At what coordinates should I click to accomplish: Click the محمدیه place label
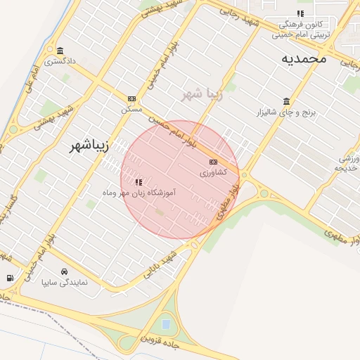pos(304,58)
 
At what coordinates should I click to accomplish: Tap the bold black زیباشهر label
pos(93,146)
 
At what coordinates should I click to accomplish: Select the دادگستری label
pos(60,62)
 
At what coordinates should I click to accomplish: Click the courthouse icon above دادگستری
pos(60,51)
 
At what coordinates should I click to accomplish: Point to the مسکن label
pos(131,110)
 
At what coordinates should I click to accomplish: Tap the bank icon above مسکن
pos(131,99)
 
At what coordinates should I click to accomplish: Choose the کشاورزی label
pos(213,173)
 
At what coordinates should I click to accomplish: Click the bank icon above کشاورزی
pos(213,162)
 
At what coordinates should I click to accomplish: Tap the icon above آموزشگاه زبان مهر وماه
pos(139,181)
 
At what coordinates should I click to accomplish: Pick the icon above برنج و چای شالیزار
pos(285,101)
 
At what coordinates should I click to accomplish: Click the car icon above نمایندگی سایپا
pos(65,271)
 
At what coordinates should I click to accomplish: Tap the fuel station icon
pos(9,278)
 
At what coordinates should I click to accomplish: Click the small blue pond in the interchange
pos(166,324)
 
